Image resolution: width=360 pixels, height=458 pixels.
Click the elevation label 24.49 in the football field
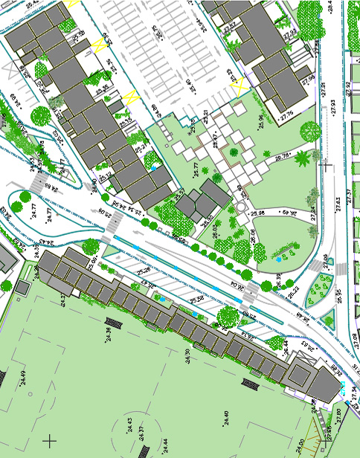pos(23,377)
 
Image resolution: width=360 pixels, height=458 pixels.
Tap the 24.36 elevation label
pos(109,335)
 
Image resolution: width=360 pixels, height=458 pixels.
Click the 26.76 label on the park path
pos(283,156)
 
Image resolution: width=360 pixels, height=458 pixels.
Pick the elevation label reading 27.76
pos(287,117)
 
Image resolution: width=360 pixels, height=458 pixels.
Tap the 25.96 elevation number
pos(260,120)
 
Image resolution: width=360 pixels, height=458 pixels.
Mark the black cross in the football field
pos(50,441)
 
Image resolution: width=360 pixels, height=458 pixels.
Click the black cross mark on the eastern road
pos(325,166)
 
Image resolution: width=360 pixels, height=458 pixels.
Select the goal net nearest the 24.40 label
pos(251,384)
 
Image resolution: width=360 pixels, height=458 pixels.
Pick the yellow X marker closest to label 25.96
pos(239,87)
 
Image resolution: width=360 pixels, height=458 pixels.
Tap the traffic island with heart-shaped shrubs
pos(322,286)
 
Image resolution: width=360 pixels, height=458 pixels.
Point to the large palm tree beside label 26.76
pos(302,158)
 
